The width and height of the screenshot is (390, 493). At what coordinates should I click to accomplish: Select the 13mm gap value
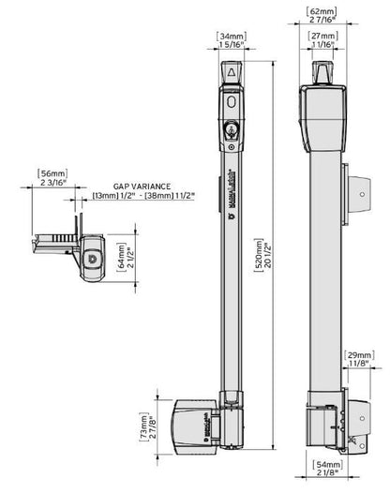coord(106,195)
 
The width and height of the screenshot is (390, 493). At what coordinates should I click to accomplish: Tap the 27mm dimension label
coord(324,36)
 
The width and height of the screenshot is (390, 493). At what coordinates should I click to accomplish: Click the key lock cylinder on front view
coord(232,127)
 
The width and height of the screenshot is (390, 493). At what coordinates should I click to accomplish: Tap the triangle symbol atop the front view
coord(232,72)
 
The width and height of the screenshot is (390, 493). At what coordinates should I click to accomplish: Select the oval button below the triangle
coord(232,102)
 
